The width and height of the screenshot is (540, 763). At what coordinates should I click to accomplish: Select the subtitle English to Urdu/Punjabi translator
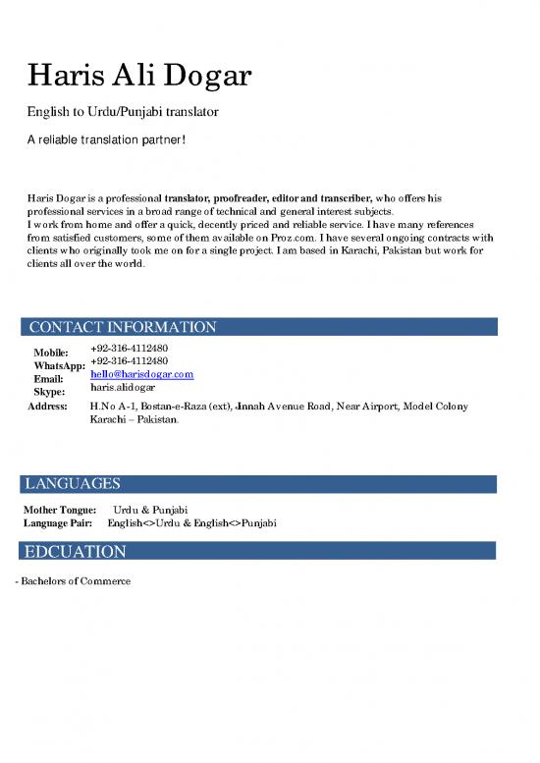pyautogui.click(x=123, y=113)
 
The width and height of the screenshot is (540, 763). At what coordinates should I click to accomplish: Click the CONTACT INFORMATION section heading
pyautogui.click(x=123, y=327)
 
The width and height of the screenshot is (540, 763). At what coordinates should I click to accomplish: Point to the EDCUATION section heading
pyautogui.click(x=78, y=552)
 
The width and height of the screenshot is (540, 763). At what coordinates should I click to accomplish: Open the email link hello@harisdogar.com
pyautogui.click(x=141, y=375)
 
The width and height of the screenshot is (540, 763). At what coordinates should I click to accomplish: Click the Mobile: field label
pyautogui.click(x=50, y=353)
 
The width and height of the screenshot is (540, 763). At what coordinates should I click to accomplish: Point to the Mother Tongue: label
pyautogui.click(x=59, y=510)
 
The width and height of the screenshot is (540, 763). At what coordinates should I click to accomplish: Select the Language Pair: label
pyautogui.click(x=57, y=523)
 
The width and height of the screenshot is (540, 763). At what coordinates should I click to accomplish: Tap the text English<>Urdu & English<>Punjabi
pyautogui.click(x=191, y=523)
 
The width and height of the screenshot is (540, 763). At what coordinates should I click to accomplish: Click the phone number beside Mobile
pyautogui.click(x=129, y=348)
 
